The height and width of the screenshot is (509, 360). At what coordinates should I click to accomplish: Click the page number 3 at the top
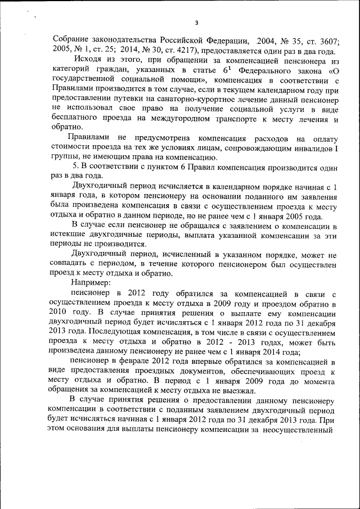click(196, 22)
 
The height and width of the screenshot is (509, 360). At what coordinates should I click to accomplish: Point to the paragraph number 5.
click(76, 167)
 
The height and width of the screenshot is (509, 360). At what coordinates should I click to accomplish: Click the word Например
click(91, 283)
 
